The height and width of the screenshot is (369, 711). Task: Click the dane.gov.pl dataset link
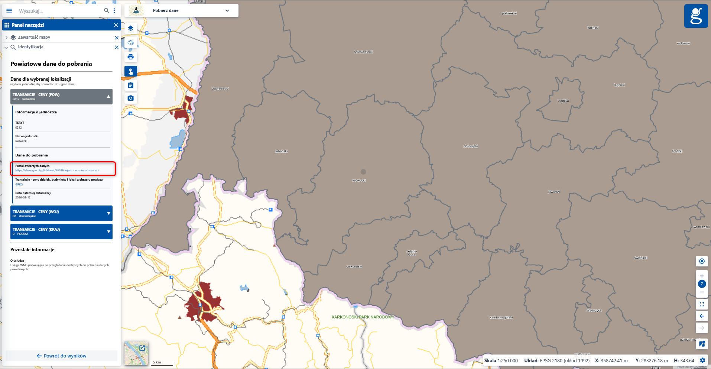click(x=57, y=170)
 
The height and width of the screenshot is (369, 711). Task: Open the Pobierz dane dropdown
click(x=227, y=10)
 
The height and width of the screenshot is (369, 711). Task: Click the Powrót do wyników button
click(x=62, y=356)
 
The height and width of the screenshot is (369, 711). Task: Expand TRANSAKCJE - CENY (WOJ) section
click(x=108, y=213)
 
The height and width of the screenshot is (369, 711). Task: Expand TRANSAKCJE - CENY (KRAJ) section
click(x=108, y=232)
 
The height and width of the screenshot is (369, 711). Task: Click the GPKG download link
click(x=19, y=184)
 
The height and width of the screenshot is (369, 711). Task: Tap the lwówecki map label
click(x=359, y=180)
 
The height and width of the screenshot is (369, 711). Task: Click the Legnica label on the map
click(x=563, y=101)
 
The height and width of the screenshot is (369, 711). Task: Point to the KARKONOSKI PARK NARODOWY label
click(x=363, y=317)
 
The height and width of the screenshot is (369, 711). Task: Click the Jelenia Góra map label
click(x=412, y=253)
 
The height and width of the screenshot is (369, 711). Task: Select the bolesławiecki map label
click(x=363, y=52)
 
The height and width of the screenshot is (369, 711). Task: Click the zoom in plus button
click(x=702, y=276)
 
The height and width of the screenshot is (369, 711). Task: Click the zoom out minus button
click(x=702, y=292)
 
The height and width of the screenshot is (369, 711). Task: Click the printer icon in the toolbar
click(x=130, y=57)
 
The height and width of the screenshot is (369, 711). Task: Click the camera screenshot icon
click(x=130, y=98)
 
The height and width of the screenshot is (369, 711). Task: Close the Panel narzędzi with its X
click(x=116, y=25)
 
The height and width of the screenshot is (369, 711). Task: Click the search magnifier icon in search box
click(x=107, y=11)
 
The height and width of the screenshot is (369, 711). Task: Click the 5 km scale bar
click(x=162, y=362)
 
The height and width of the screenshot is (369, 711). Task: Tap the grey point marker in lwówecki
click(x=363, y=172)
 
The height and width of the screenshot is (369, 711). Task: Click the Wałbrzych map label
click(x=594, y=310)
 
